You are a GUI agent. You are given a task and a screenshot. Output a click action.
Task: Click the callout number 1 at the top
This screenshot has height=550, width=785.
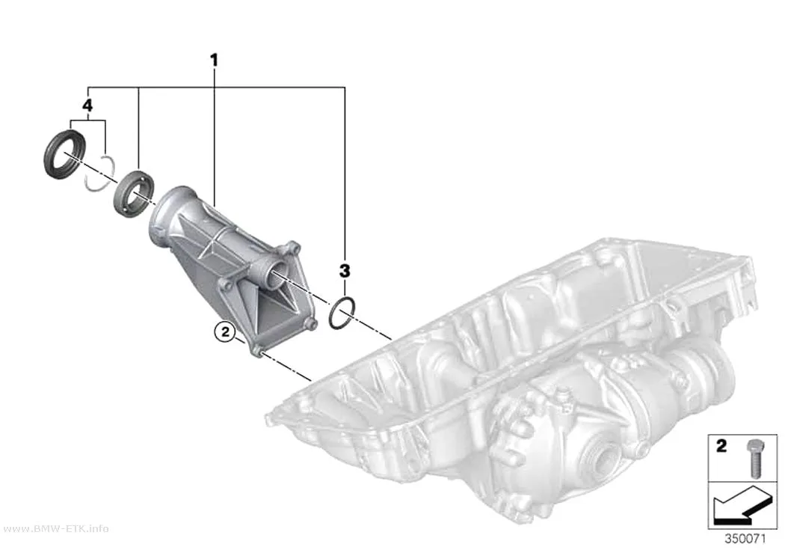point(215,61)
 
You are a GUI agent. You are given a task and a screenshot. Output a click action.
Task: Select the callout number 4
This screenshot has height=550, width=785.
point(87,106)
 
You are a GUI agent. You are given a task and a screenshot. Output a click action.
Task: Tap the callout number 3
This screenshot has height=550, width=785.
point(345,270)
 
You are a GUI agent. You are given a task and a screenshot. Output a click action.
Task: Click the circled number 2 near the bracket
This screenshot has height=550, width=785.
point(224,331)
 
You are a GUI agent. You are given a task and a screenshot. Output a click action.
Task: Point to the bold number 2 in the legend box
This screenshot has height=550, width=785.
point(721,446)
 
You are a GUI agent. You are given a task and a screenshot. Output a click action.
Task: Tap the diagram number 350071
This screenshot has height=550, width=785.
point(745,539)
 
